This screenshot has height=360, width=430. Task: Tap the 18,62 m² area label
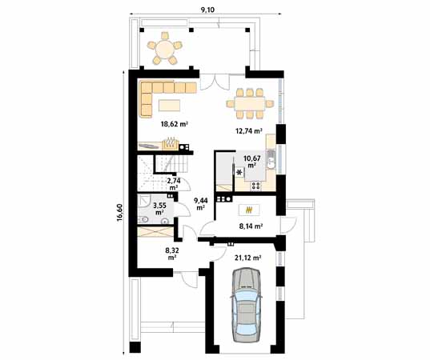tap(173, 124)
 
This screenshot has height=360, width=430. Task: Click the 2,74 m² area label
tap(173, 184)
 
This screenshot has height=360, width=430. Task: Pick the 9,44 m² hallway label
tap(201, 205)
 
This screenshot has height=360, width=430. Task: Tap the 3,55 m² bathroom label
tap(159, 210)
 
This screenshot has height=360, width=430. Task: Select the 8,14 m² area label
tap(251, 226)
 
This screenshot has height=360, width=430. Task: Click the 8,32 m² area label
tap(173, 254)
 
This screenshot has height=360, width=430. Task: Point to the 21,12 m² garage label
tap(249, 258)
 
